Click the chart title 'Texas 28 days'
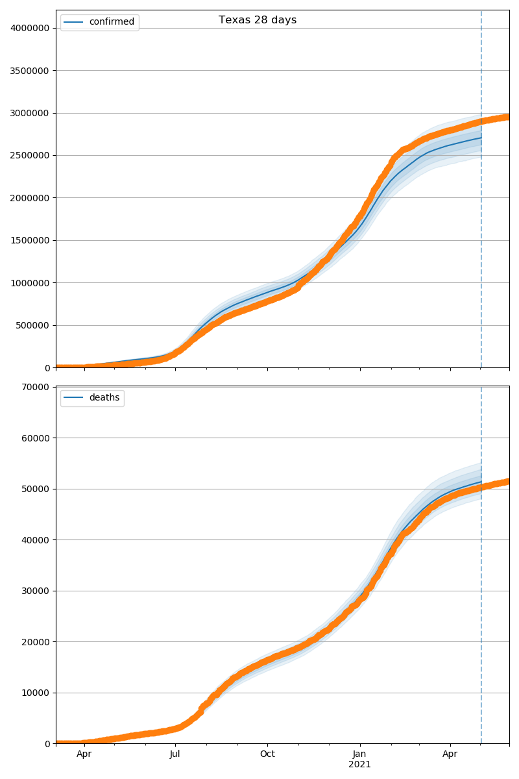(x=258, y=20)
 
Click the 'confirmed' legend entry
(x=112, y=22)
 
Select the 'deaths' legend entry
(x=104, y=398)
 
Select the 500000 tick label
(x=32, y=326)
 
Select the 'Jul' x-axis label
(x=175, y=754)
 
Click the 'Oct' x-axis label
(x=267, y=754)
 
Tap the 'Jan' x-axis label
(x=359, y=754)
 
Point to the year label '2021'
(x=359, y=765)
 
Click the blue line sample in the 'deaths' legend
(x=74, y=398)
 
